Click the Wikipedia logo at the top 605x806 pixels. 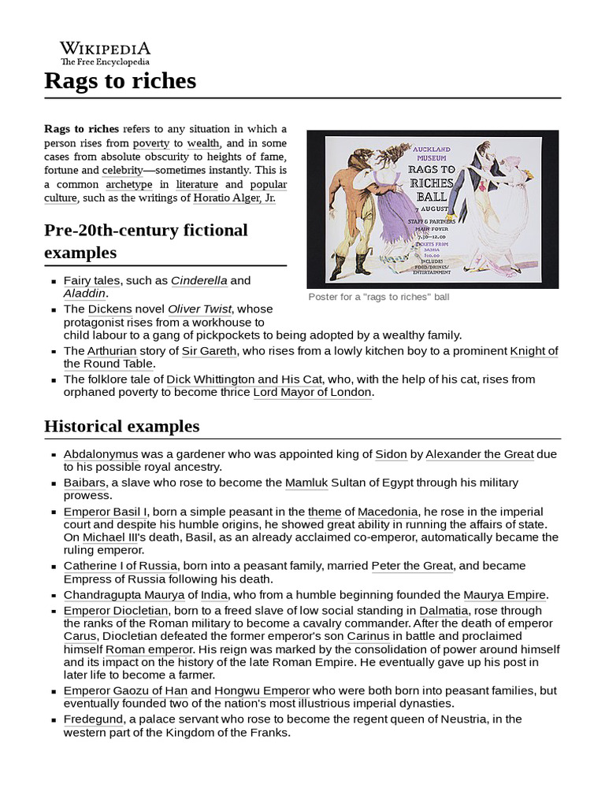point(106,53)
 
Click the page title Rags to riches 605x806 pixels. point(120,81)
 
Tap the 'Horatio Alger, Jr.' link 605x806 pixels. point(234,198)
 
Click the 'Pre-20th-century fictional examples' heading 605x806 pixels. point(146,241)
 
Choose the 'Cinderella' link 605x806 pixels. point(199,280)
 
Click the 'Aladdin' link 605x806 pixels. point(84,293)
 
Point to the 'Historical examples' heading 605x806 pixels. point(121,427)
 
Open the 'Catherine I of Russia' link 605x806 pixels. point(121,565)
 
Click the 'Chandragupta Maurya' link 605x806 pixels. point(123,594)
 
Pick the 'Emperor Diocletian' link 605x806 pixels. point(115,610)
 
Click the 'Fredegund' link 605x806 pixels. point(93,719)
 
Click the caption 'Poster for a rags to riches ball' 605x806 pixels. point(378,298)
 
